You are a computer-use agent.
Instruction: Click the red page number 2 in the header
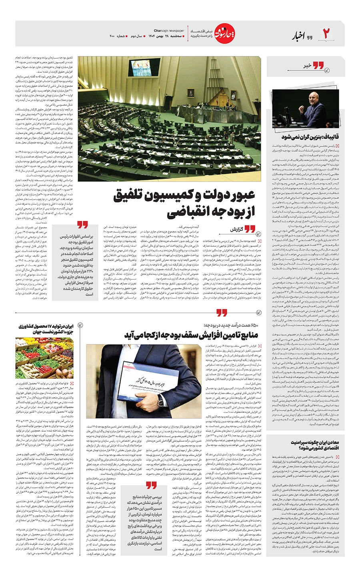click(x=326, y=34)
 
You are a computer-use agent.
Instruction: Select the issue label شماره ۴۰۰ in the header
click(x=117, y=36)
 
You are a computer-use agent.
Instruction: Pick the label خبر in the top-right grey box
click(x=307, y=66)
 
